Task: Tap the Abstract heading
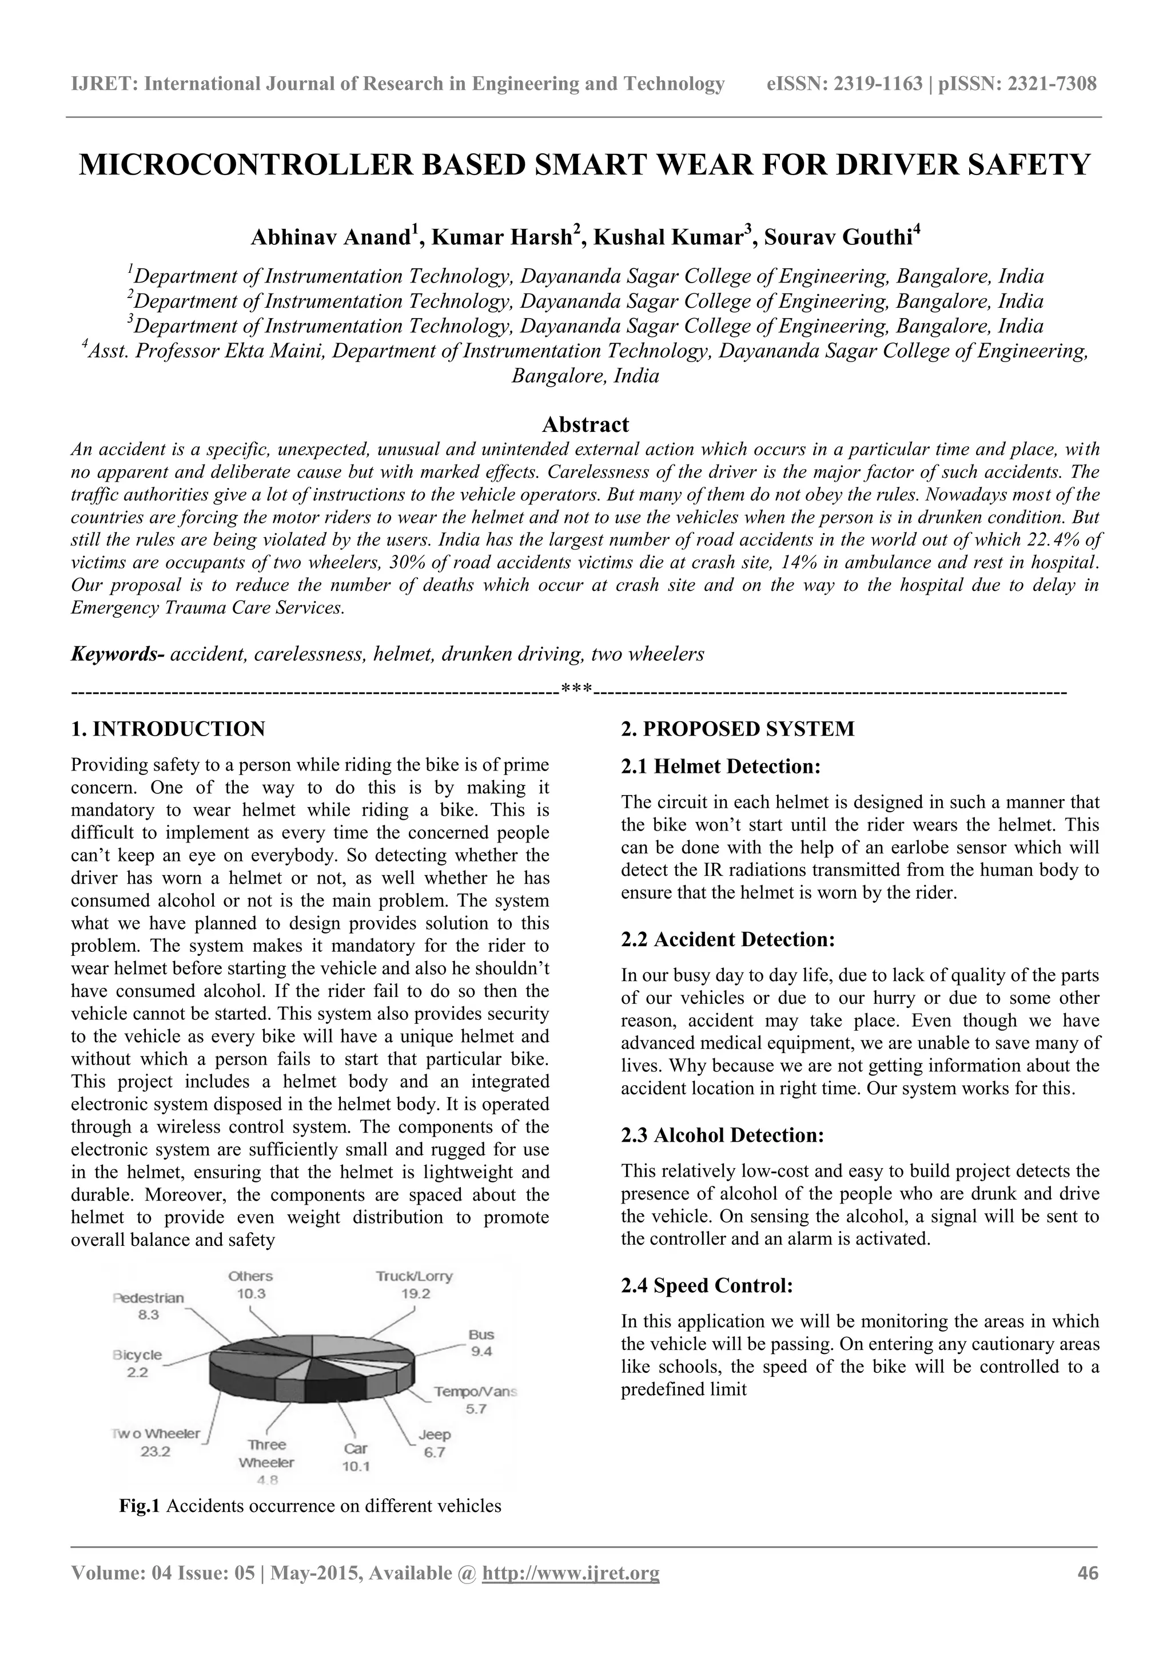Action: click(x=585, y=424)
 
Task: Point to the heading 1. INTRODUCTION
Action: click(x=168, y=728)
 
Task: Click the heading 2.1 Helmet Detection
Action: click(x=721, y=766)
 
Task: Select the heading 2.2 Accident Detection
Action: click(x=728, y=939)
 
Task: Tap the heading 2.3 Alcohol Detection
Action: click(x=723, y=1135)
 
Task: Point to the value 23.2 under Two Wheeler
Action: click(x=156, y=1451)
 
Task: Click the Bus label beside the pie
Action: click(x=481, y=1335)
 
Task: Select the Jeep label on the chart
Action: click(x=434, y=1435)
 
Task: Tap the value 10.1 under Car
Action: click(x=356, y=1466)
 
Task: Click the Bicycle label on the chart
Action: click(x=138, y=1355)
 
